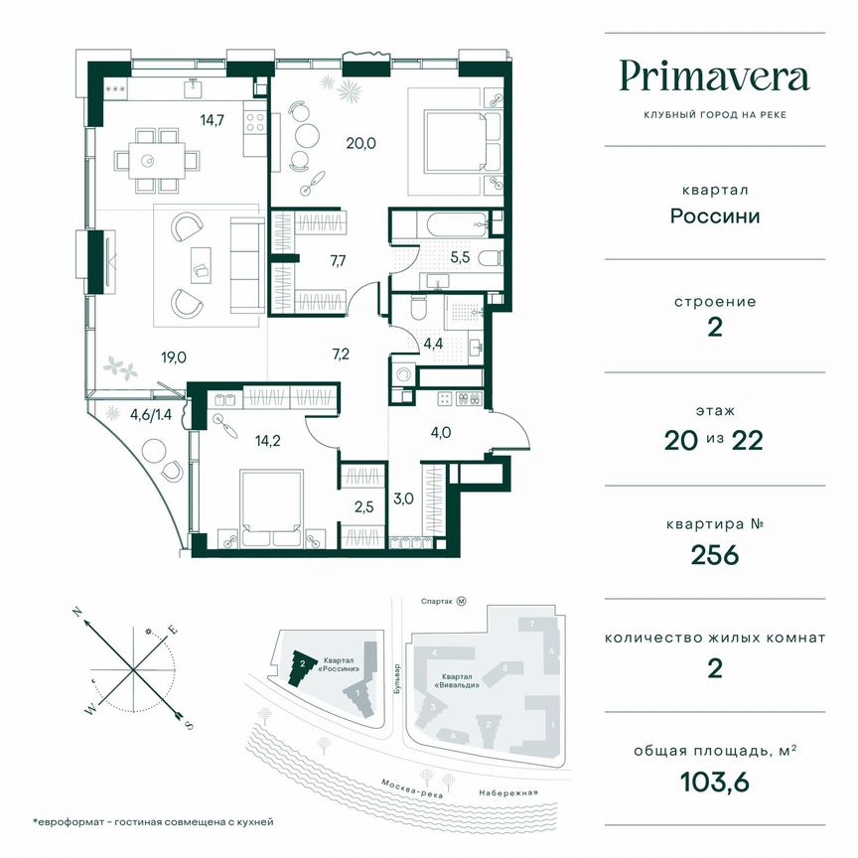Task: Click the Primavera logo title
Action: pyautogui.click(x=714, y=76)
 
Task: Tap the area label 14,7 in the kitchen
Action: pyautogui.click(x=210, y=121)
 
